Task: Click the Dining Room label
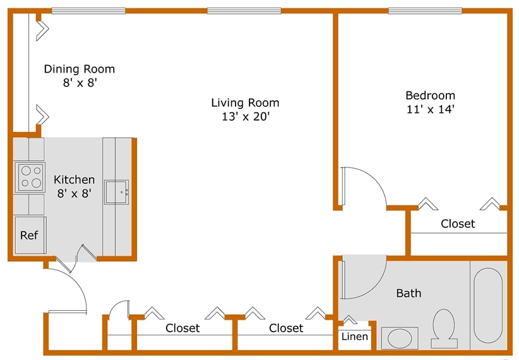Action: (x=79, y=69)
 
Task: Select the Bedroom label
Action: (x=430, y=95)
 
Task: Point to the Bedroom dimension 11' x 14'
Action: (x=430, y=109)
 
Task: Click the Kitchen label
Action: (x=74, y=180)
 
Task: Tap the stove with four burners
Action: (x=30, y=177)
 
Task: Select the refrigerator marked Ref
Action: (x=30, y=235)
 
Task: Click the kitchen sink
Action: (x=117, y=192)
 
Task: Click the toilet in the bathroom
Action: (x=444, y=328)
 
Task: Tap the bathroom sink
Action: (x=399, y=339)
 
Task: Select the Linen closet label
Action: (x=354, y=337)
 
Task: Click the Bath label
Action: (x=409, y=293)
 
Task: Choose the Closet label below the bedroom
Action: (x=458, y=224)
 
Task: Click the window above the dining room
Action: (x=88, y=11)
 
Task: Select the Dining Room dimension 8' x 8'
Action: (x=79, y=83)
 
